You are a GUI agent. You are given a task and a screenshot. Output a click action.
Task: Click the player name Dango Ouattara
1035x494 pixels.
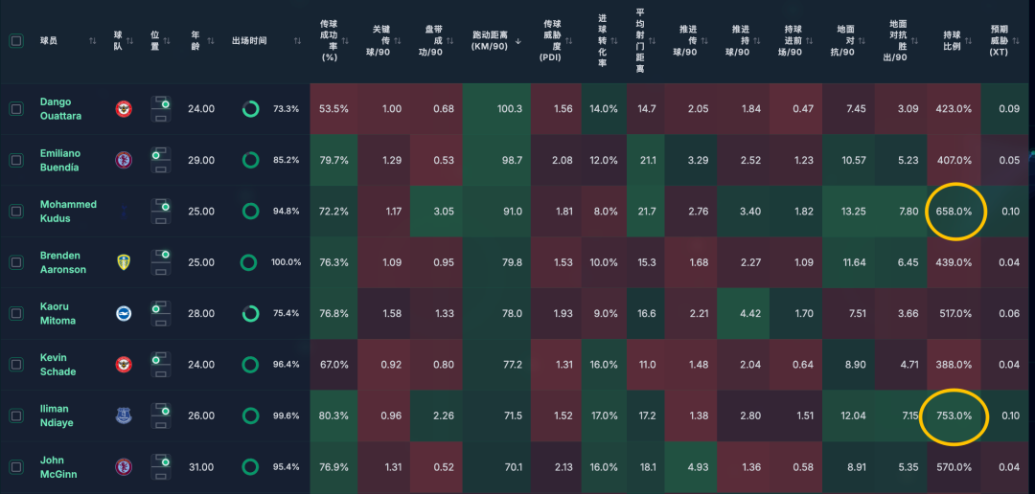(x=60, y=109)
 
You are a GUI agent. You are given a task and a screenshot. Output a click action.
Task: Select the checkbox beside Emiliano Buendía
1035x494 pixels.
(x=16, y=161)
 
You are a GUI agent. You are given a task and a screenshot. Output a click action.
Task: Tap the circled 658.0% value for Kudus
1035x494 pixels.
(x=954, y=211)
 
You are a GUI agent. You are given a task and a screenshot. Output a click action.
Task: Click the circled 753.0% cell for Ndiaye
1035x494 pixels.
(x=954, y=415)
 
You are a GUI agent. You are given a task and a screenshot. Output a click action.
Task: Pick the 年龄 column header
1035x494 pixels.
(x=195, y=41)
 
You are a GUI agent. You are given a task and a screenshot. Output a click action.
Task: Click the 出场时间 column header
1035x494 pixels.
(x=249, y=41)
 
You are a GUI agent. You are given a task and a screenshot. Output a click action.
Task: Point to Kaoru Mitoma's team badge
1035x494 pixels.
(x=125, y=313)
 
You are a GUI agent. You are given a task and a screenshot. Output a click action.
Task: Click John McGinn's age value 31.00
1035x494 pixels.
(x=201, y=467)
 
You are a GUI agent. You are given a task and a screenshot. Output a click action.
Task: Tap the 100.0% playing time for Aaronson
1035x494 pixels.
(x=286, y=262)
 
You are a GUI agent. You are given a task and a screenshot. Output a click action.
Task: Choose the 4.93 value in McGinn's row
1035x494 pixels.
(x=698, y=467)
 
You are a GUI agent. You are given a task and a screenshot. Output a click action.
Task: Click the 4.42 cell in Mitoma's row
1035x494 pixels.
(x=751, y=313)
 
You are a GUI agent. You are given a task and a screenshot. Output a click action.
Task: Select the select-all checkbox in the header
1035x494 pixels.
(x=16, y=41)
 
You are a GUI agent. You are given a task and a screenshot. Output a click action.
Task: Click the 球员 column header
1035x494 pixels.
(x=49, y=41)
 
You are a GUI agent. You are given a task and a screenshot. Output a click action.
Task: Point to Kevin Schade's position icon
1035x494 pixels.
(x=161, y=365)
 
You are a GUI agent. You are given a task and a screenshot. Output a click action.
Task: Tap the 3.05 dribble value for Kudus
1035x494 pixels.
(x=443, y=211)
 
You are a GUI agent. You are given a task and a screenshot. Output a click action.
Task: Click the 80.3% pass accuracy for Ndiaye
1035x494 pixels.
(x=333, y=415)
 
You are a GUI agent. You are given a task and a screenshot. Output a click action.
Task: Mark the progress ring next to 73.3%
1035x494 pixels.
(x=250, y=109)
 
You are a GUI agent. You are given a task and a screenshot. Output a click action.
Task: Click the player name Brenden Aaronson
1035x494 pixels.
(x=62, y=262)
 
